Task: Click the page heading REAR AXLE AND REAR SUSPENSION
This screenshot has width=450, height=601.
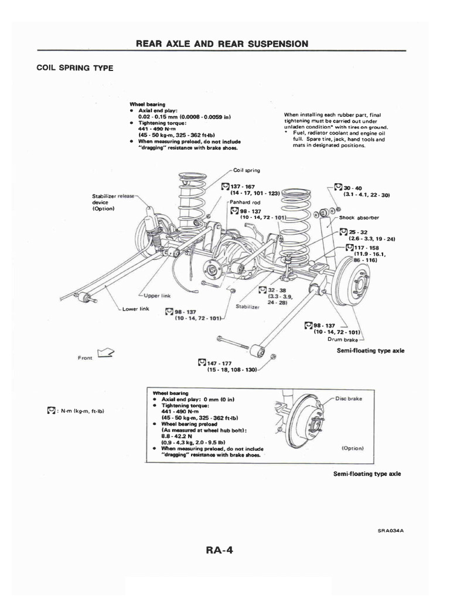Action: click(x=221, y=44)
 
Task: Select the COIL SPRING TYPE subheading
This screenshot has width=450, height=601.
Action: click(x=75, y=68)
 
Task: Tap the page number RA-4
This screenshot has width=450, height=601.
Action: click(x=224, y=551)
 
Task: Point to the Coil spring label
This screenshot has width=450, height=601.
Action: click(x=247, y=170)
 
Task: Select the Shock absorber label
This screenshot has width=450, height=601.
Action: click(x=359, y=217)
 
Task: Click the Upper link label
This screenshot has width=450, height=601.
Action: click(x=157, y=296)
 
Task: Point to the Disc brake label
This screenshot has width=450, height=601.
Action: click(x=350, y=399)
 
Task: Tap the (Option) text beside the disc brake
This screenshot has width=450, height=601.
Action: click(x=352, y=448)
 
